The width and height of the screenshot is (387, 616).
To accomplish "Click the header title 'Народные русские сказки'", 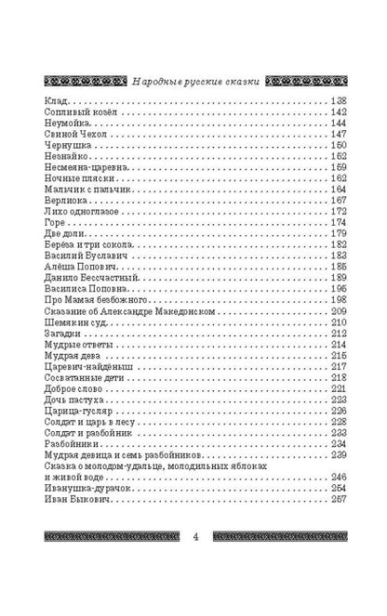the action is [193, 81].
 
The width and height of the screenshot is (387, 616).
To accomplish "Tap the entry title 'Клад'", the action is [55, 100].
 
